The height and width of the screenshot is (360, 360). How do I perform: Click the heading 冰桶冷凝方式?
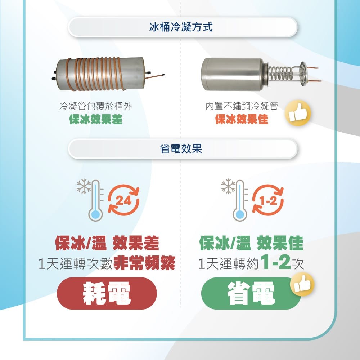point(181,27)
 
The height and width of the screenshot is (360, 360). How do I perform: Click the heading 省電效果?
point(181,148)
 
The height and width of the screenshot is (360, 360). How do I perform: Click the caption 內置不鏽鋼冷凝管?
point(242,106)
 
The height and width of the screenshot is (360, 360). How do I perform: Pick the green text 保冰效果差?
point(95,119)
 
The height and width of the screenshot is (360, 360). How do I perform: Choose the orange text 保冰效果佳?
point(242,119)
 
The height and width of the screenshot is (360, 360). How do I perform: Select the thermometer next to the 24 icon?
point(95,201)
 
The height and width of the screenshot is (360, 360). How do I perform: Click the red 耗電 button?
point(107,293)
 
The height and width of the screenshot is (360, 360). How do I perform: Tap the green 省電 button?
point(251,293)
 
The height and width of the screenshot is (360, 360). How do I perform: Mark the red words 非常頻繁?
point(144,264)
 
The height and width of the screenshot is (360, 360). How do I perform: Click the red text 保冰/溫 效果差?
point(107,244)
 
